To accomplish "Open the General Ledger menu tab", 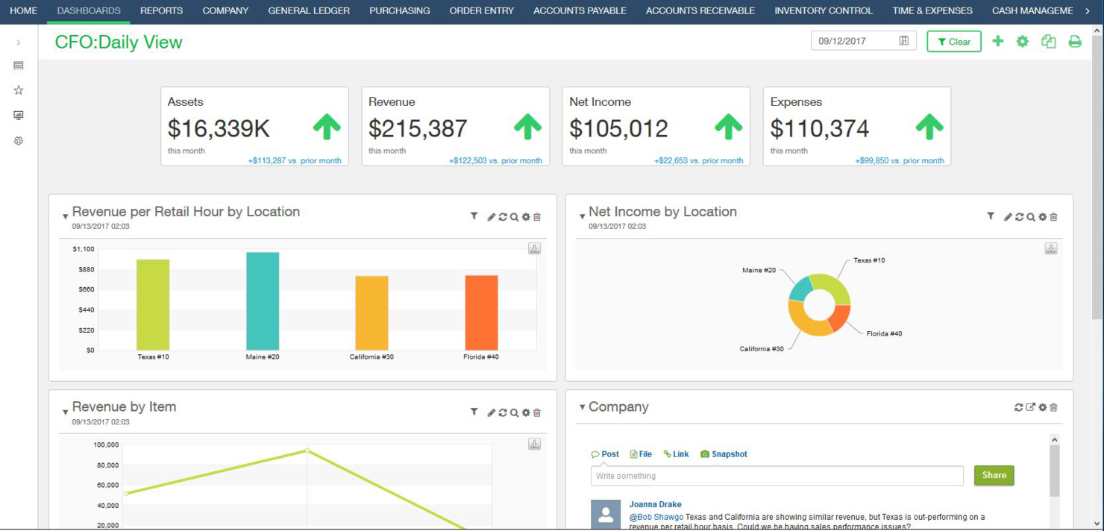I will coord(309,10).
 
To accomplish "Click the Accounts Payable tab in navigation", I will coord(580,10).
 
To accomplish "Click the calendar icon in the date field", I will coord(903,41).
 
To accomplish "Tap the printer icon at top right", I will coord(1075,42).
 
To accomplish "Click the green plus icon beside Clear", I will coord(998,42).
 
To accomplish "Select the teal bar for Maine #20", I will coord(263,301).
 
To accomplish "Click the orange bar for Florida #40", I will coord(481,312).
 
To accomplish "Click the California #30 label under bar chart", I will coord(371,357).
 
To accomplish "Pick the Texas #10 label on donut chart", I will coord(869,260).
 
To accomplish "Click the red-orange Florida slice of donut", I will coord(839,318).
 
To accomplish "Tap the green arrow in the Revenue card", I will coord(527,128).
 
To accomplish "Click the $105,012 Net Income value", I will coord(618,128).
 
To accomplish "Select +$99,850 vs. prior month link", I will coord(899,160).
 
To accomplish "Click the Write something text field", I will coord(777,476).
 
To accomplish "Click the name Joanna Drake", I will coord(655,505).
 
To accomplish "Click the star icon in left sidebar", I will coord(19,90).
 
